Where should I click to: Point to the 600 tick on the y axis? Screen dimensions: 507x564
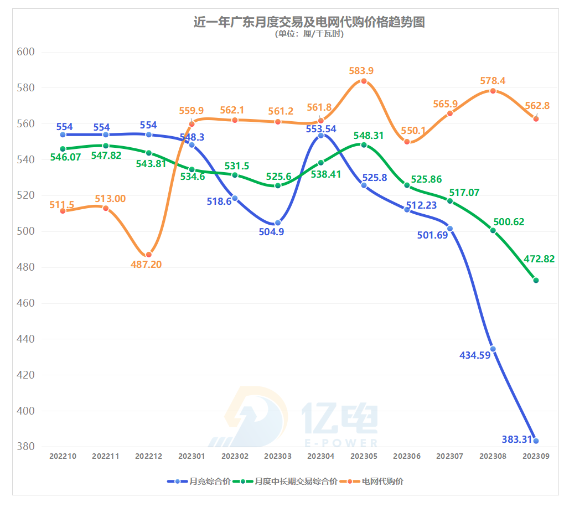tap(26, 52)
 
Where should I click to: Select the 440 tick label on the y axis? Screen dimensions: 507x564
tap(26, 339)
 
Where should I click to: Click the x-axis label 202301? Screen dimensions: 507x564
tap(192, 457)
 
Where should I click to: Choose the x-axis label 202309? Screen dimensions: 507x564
tap(536, 457)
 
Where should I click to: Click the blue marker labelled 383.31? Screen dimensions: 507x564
tap(536, 441)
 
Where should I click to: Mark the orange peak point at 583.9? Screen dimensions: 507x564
tap(364, 81)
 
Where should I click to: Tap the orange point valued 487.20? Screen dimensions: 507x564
tap(149, 255)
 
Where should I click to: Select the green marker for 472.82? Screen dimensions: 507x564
tap(536, 280)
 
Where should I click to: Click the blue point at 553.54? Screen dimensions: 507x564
tap(321, 136)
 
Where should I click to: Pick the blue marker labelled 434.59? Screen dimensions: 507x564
tap(493, 349)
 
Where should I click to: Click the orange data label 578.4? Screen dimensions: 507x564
tap(493, 81)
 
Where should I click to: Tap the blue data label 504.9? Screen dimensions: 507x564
tap(271, 232)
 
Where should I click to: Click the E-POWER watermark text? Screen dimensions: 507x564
tap(341, 443)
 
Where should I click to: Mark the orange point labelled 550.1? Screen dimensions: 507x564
tap(407, 142)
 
